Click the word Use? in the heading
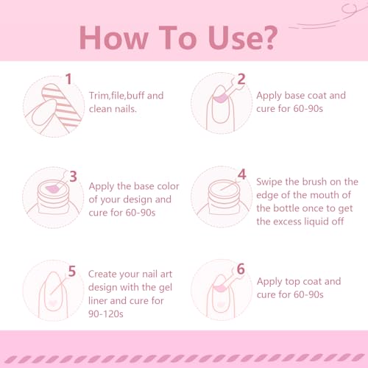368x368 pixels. tap(243, 38)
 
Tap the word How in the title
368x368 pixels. tap(113, 38)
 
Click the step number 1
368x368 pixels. tap(68, 79)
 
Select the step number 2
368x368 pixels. tap(241, 79)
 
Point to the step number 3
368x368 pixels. tap(73, 177)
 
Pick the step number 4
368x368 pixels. tap(242, 174)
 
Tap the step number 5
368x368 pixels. tap(72, 271)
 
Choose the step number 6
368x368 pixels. tap(241, 269)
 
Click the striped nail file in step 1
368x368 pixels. tap(62, 105)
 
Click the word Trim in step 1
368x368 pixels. tap(99, 96)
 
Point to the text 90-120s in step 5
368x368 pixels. tap(106, 314)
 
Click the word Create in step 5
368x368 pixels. tap(102, 274)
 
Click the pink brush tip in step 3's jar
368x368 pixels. tap(52, 189)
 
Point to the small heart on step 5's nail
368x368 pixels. tap(52, 303)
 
